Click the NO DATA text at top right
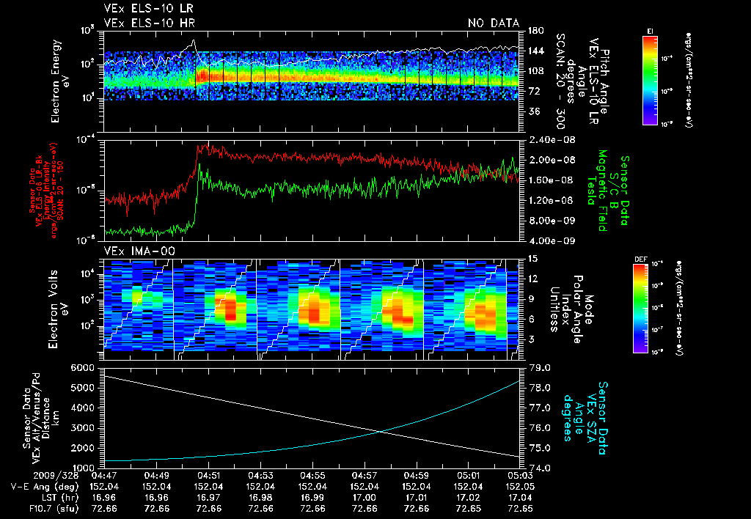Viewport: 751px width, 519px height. click(x=493, y=23)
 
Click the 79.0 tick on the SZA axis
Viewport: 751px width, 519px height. click(x=539, y=367)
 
